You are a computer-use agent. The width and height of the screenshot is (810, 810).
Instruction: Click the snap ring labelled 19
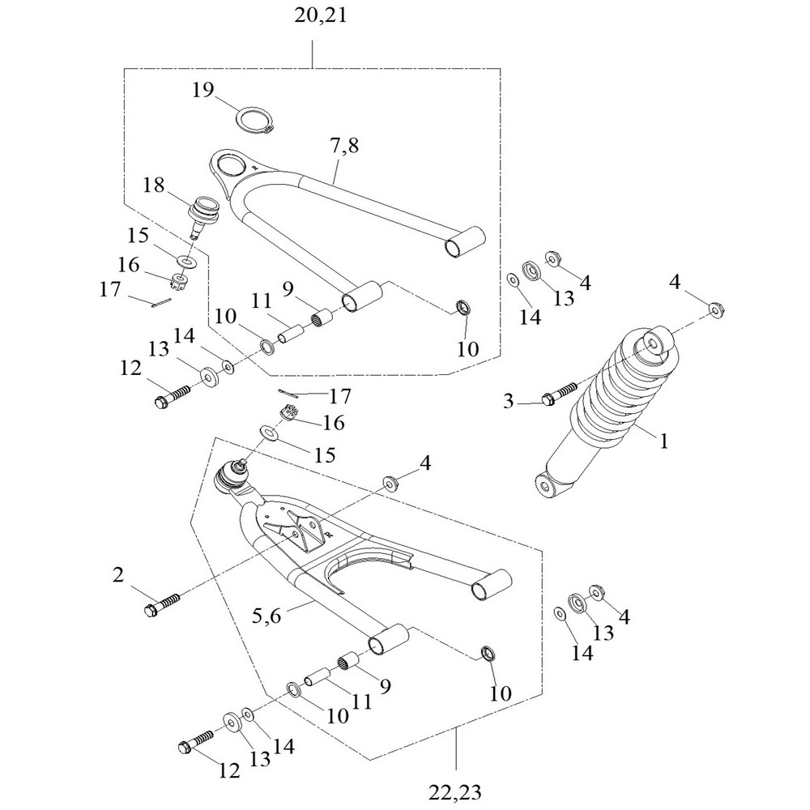coord(257,121)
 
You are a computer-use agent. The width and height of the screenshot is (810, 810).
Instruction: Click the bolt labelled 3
coord(560,394)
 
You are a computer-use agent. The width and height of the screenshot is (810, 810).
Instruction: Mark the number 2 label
coord(118,575)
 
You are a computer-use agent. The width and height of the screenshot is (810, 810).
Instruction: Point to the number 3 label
coord(509,400)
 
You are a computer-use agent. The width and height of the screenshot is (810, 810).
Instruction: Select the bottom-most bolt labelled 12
coord(194,741)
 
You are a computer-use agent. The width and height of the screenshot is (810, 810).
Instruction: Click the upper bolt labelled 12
coord(170,396)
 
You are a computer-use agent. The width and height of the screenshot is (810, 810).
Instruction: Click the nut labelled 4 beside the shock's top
coord(715,308)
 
